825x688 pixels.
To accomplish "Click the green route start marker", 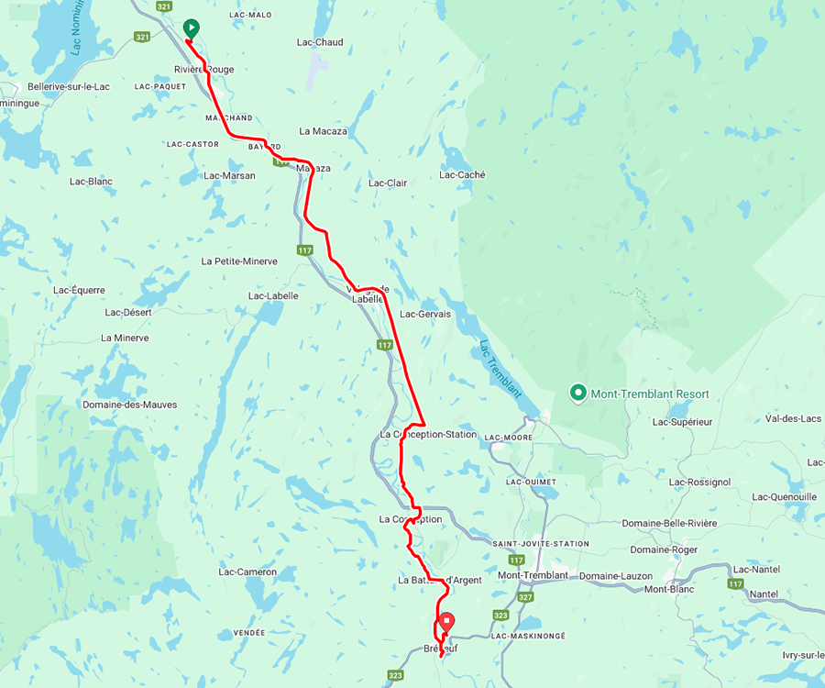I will click(190, 28).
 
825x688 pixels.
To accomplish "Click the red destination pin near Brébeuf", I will click(445, 621).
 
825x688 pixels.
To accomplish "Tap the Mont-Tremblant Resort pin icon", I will click(578, 394).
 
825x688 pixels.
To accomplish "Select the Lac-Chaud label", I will click(320, 42).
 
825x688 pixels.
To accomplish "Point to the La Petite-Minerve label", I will click(238, 261).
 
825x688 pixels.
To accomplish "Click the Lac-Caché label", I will click(462, 175).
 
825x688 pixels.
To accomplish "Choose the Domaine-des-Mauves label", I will click(129, 405).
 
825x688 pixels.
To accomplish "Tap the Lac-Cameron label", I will click(247, 572).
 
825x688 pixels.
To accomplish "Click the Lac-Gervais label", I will click(426, 314).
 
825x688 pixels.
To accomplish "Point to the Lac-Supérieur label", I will click(683, 423).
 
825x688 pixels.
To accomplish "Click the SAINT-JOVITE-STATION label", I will click(541, 544).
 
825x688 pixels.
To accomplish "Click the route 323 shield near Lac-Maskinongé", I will click(500, 616).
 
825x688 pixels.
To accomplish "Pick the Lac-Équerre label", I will click(79, 291).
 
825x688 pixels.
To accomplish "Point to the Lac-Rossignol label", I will click(699, 482).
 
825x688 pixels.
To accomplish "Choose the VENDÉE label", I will click(249, 633).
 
